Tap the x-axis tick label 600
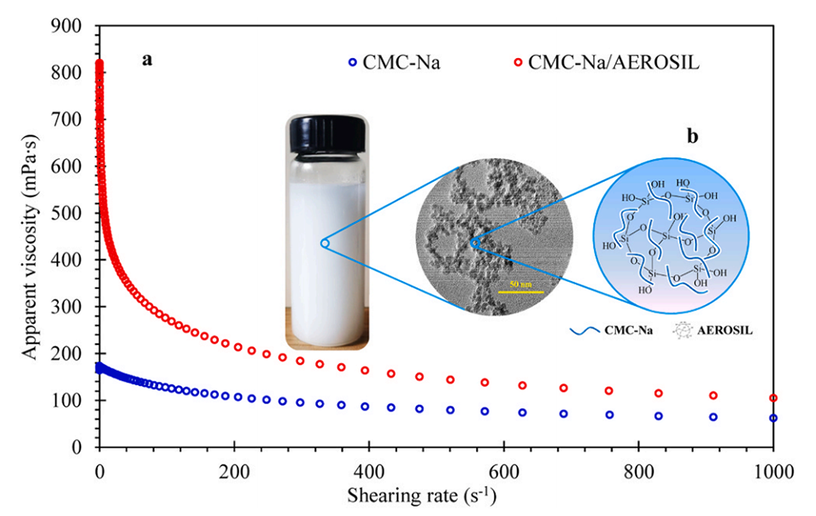pos(503,469)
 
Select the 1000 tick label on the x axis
pos(772,469)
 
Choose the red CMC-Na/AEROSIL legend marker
pos(518,62)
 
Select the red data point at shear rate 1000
pos(773,398)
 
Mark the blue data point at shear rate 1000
pos(773,418)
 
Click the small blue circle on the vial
pos(324,243)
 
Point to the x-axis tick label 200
pos(233,469)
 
